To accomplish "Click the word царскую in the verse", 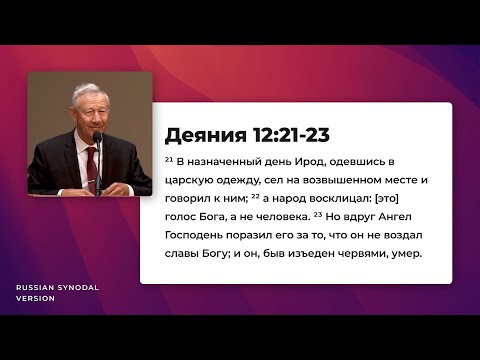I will coord(190,180).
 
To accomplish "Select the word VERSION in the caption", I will coord(35,298).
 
